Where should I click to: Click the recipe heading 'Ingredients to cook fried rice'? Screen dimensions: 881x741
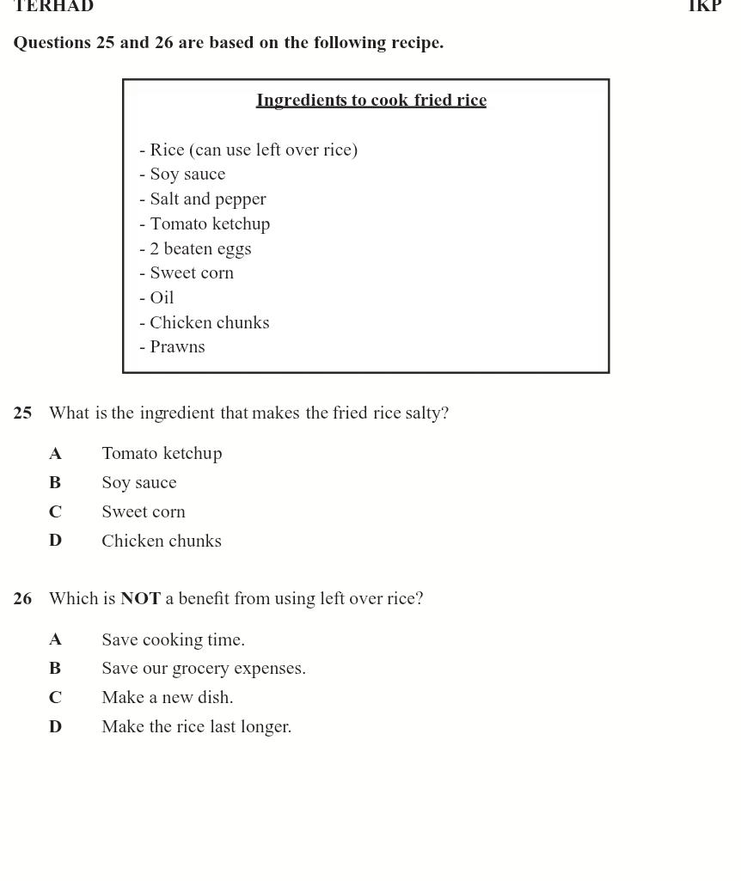(x=371, y=101)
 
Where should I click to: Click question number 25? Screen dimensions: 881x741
(x=22, y=413)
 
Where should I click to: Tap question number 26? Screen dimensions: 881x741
(x=22, y=599)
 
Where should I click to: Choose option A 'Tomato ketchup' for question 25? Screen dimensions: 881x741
(x=162, y=454)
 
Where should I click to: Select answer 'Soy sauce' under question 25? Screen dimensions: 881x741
(x=139, y=483)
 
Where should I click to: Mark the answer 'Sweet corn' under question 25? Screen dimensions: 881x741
(x=144, y=512)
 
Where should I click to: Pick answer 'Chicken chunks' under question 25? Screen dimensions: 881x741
(x=162, y=541)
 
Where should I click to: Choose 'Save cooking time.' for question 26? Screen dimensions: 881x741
(x=173, y=640)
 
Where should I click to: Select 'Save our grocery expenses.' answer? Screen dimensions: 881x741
(x=204, y=669)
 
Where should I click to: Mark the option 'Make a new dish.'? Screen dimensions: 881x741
(x=168, y=698)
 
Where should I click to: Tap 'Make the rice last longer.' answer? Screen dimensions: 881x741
(x=197, y=727)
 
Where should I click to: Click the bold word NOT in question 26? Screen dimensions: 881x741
(x=140, y=599)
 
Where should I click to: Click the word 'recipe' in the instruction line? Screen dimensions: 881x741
(x=416, y=43)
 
